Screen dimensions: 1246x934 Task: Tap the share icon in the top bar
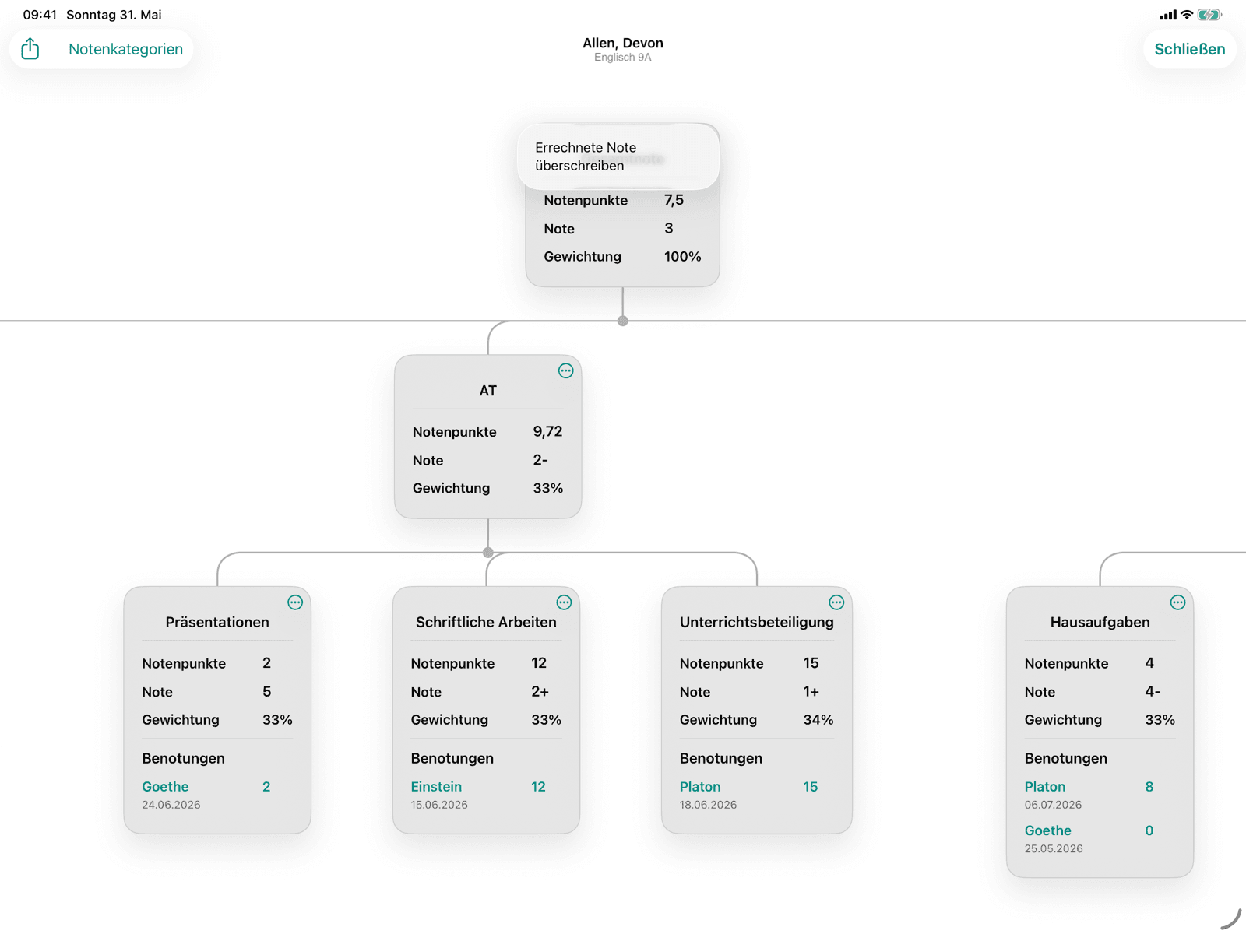[30, 49]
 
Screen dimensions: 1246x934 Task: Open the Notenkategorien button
[125, 49]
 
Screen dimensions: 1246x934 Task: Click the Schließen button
[1189, 49]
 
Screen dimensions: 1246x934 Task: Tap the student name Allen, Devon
[623, 43]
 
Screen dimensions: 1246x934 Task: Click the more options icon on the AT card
[565, 371]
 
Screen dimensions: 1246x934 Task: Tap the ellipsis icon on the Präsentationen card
[295, 602]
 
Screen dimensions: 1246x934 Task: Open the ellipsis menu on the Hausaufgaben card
[1178, 602]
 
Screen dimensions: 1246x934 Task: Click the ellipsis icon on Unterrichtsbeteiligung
[836, 602]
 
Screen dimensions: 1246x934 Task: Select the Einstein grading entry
[436, 787]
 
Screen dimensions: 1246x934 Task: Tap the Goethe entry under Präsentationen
[165, 787]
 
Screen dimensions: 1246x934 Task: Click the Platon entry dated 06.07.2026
[1044, 787]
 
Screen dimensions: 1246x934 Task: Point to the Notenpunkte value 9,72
[547, 431]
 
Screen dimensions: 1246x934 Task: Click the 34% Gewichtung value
[818, 720]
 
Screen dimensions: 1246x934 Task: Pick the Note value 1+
[811, 691]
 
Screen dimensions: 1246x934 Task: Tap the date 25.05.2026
[1054, 848]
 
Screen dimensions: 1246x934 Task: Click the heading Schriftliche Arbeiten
[486, 622]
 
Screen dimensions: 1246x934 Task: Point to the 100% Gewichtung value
[682, 256]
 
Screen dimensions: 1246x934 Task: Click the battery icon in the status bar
[1209, 15]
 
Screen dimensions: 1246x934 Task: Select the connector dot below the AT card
[487, 553]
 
